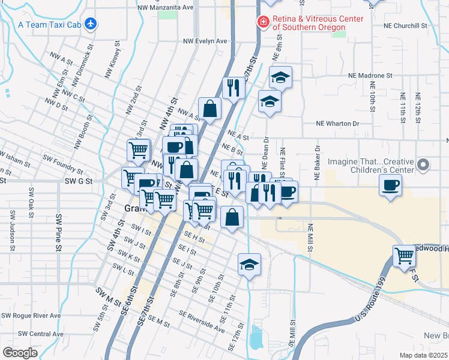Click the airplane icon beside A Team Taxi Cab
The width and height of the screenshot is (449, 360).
click(x=91, y=24)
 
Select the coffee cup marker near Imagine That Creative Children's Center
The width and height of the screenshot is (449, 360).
click(x=391, y=185)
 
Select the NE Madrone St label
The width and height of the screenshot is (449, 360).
click(x=370, y=76)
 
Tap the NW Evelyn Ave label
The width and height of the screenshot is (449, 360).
click(x=205, y=41)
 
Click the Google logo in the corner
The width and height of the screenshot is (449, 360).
click(x=20, y=353)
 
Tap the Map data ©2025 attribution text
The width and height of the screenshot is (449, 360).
click(x=424, y=355)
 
